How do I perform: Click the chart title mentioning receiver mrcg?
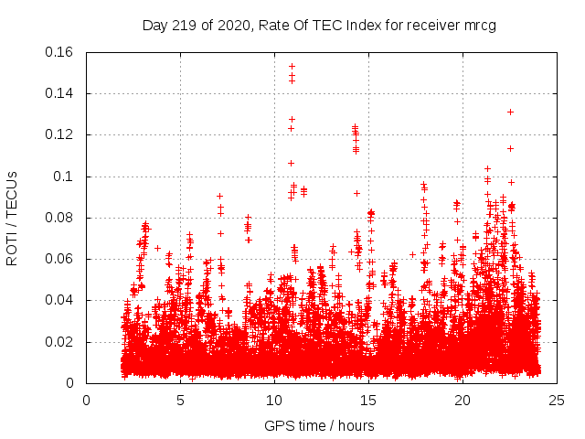coord(319,26)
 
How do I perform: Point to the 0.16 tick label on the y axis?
coord(61,52)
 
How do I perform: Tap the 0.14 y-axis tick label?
coord(61,93)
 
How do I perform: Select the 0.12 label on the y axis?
coord(61,134)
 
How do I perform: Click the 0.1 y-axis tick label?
coord(66,177)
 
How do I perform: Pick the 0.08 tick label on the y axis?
coord(61,218)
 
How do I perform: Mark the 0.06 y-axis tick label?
coord(61,259)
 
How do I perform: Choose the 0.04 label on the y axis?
coord(61,300)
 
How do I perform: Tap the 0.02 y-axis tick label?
coord(61,342)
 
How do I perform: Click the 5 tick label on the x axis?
coord(180,401)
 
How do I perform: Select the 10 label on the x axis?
coord(274,401)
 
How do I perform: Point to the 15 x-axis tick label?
coord(368,401)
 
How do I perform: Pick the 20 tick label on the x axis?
coord(463,401)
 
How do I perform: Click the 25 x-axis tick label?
coord(557,401)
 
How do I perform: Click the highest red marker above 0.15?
coord(292,66)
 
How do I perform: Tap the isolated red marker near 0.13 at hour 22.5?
coord(510,112)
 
